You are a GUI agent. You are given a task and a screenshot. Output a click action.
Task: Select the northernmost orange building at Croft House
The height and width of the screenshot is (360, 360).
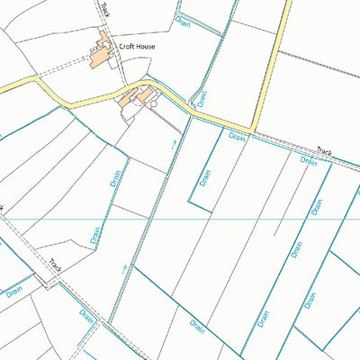(104, 40)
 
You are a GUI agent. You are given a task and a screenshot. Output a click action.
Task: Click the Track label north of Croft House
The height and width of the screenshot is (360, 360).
(105, 10)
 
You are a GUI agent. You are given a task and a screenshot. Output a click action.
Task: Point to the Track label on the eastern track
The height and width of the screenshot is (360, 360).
(324, 154)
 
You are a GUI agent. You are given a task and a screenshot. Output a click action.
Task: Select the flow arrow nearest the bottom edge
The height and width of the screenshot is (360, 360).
(124, 267)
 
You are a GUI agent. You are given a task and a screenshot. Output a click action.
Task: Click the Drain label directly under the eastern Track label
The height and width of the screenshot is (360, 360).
(309, 162)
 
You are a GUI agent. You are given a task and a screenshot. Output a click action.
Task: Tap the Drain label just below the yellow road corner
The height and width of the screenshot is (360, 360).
(238, 137)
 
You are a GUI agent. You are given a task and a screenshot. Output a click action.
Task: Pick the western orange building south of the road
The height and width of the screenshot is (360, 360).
(127, 100)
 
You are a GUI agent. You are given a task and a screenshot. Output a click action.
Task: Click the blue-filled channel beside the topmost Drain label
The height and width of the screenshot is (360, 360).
(200, 22)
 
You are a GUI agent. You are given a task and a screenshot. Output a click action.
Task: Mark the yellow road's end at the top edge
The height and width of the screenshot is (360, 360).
(289, 3)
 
